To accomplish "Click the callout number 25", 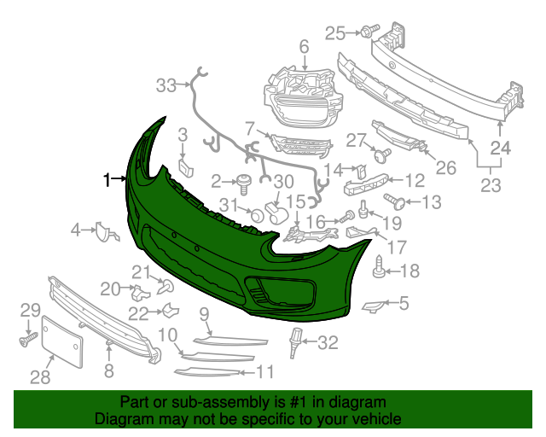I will click(335, 33).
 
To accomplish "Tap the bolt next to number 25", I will click(368, 32).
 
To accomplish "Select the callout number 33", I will click(166, 84).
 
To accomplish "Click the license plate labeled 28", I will click(65, 342).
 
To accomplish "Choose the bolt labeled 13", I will click(396, 202).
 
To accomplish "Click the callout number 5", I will click(403, 302).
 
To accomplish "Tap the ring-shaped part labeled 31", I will click(253, 213).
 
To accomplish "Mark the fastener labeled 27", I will click(381, 155).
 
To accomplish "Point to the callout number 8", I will click(108, 370).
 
